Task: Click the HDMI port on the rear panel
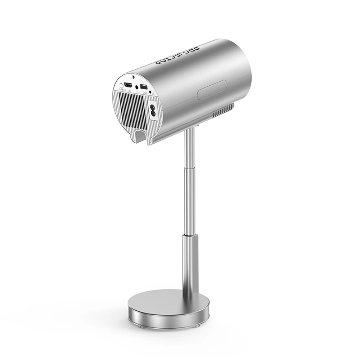[128, 85]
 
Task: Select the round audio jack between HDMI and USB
[136, 87]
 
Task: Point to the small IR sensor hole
[150, 92]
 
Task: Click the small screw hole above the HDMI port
[133, 77]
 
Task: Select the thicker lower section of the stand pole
[190, 259]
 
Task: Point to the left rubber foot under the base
[140, 327]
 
